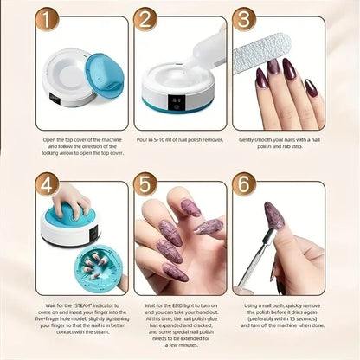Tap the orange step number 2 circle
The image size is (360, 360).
[x=145, y=19]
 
